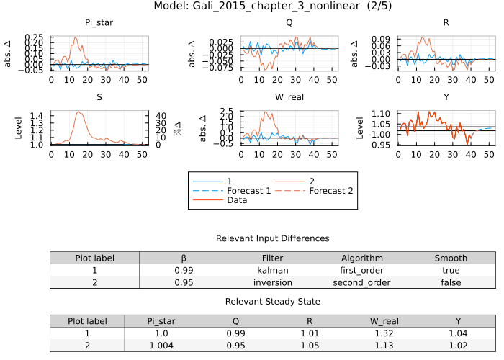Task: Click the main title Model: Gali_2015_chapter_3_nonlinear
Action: tap(252, 6)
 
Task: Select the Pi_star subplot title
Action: tap(99, 23)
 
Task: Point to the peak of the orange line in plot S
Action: tap(78, 112)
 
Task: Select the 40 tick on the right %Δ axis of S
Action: tap(161, 115)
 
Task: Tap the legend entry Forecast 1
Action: tap(230, 191)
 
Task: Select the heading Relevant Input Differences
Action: tap(272, 238)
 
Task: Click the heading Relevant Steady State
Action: tap(272, 302)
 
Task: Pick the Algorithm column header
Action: tap(361, 258)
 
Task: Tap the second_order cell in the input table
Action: tap(361, 282)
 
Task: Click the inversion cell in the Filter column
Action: tap(272, 282)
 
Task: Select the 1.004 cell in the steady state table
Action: tap(161, 346)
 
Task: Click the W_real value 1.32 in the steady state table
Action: tap(384, 333)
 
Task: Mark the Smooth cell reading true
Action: tap(451, 270)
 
